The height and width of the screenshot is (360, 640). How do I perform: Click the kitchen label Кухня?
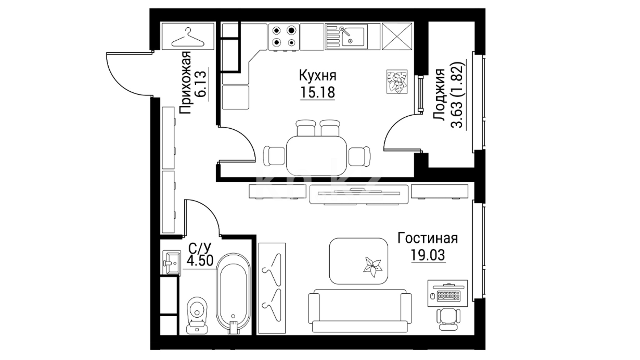[x=318, y=76]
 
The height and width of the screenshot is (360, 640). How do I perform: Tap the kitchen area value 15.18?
[x=318, y=92]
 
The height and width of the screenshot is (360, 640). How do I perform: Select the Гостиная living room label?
[x=428, y=239]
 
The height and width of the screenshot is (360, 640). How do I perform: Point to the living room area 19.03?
[x=428, y=255]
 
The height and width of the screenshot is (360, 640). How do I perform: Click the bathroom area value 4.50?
[x=200, y=260]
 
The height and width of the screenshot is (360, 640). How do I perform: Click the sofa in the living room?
[x=359, y=311]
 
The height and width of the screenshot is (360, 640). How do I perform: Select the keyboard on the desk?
[x=449, y=295]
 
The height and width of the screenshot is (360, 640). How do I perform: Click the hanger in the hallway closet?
[x=188, y=37]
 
